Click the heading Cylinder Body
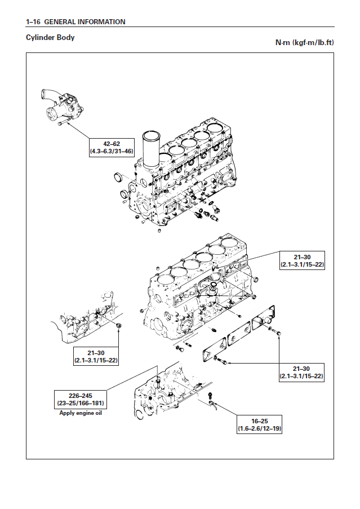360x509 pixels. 50,38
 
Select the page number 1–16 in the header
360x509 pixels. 33,22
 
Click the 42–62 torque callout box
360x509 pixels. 112,147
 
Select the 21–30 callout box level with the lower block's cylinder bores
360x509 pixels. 303,259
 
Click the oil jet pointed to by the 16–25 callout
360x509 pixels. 214,403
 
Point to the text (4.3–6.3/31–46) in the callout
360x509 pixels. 112,151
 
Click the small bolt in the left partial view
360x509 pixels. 118,326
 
